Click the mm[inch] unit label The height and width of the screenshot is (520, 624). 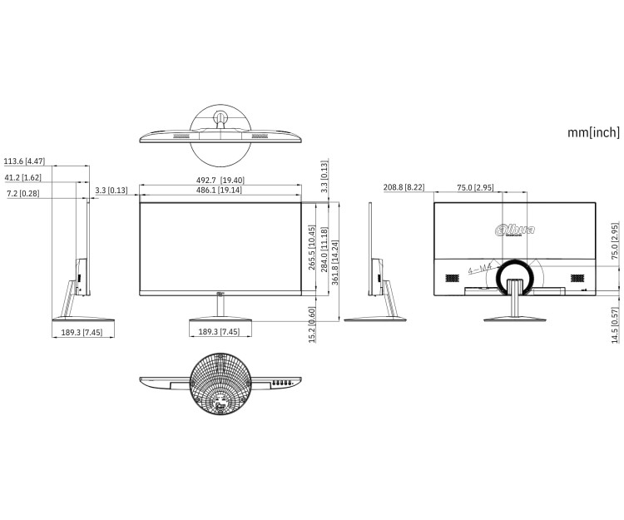click(593, 131)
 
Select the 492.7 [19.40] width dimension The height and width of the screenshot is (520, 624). click(220, 181)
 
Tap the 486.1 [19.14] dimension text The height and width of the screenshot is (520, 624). click(220, 191)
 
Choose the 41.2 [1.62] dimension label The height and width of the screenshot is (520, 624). click(22, 177)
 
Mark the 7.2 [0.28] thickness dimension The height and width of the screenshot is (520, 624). click(22, 193)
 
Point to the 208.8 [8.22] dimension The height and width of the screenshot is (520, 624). click(404, 188)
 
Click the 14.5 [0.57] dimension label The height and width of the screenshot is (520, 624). click(615, 325)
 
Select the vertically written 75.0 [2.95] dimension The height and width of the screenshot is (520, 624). click(615, 241)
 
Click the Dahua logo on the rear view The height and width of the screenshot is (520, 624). click(514, 230)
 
